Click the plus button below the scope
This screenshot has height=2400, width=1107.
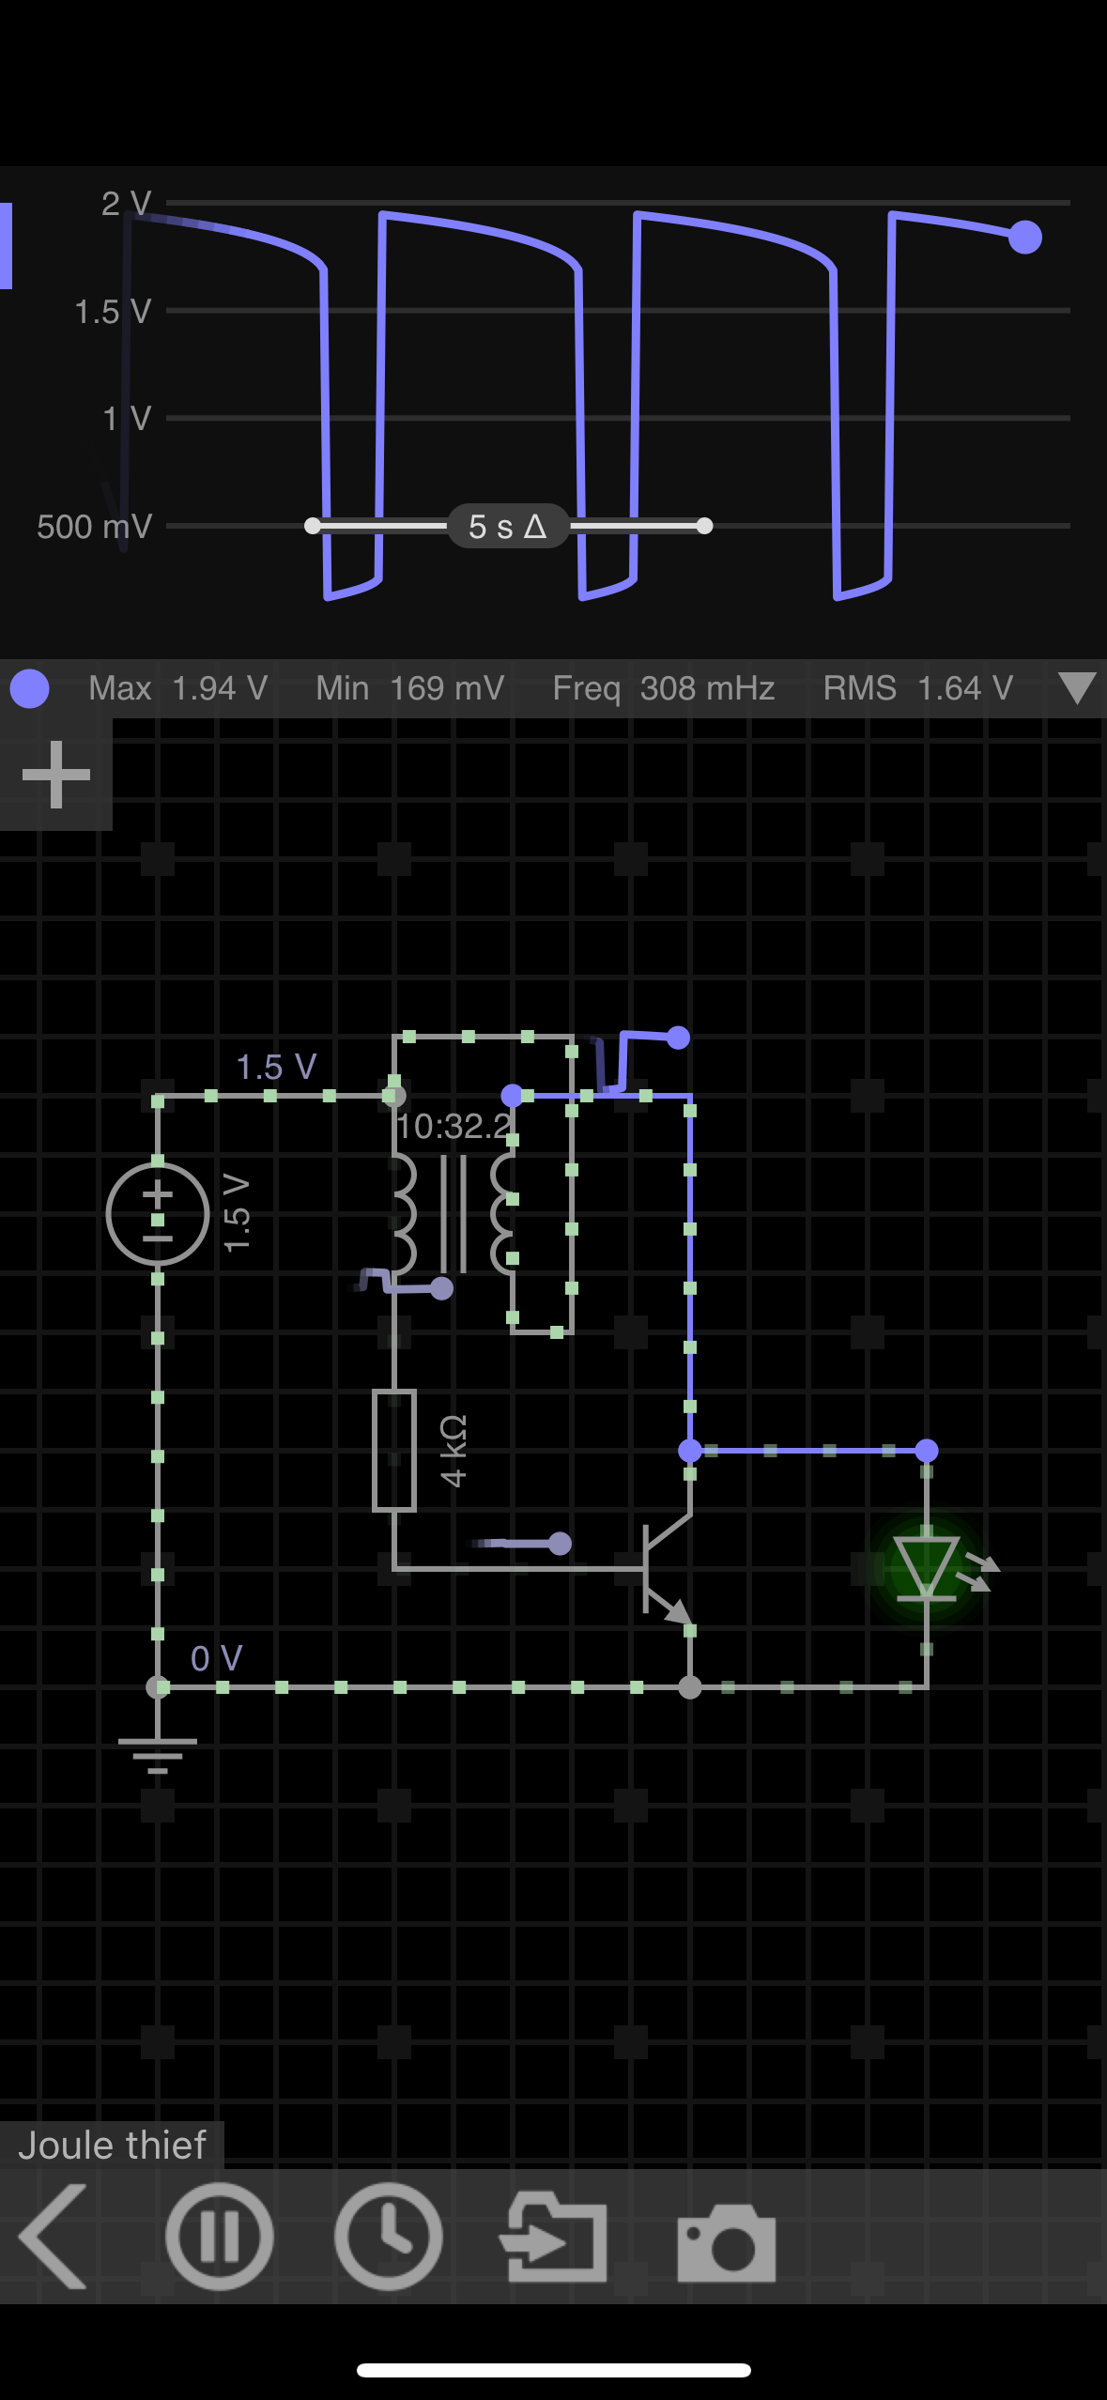point(56,775)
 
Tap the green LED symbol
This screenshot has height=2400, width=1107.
point(926,1566)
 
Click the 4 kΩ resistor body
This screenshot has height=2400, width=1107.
point(394,1451)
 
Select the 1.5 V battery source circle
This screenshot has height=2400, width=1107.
point(158,1214)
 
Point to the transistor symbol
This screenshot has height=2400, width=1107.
point(664,1568)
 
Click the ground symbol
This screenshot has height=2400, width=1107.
point(158,1752)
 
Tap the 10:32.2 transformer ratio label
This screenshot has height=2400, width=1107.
point(454,1126)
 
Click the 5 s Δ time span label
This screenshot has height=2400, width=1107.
point(508,526)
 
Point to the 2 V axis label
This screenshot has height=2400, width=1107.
point(126,203)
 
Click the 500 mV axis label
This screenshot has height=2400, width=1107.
point(94,527)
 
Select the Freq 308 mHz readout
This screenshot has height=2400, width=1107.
point(663,688)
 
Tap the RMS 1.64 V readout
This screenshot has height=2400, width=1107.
point(917,688)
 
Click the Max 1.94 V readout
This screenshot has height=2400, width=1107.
point(178,688)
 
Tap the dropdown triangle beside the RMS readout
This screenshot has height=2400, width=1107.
point(1076,687)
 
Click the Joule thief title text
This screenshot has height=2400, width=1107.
point(112,2146)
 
